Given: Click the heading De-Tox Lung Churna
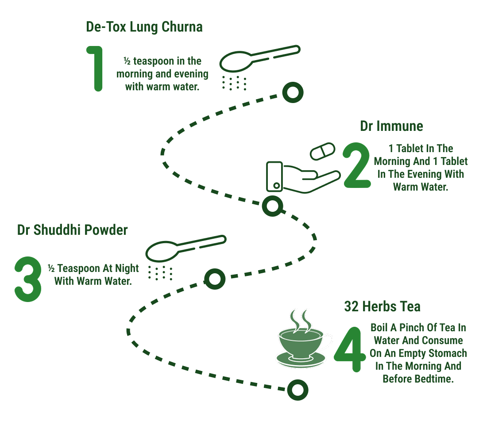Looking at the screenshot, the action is click(144, 27).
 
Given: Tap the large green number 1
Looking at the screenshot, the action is click(96, 69).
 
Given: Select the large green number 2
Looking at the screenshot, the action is click(357, 165).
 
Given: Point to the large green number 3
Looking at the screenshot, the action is click(28, 279).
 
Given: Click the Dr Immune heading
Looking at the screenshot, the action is click(391, 126).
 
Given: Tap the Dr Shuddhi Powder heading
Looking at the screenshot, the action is click(73, 230).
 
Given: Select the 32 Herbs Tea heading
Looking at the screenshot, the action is click(382, 306).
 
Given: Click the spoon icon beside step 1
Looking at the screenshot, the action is click(260, 58).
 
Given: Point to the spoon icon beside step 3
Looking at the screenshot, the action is click(186, 249).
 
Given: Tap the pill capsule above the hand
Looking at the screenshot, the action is click(323, 151).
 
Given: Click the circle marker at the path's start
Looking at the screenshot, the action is click(293, 92).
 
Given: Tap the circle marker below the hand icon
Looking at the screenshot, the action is click(273, 206).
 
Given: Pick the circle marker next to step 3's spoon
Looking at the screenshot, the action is click(215, 279).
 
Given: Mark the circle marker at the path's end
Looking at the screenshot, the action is click(297, 390).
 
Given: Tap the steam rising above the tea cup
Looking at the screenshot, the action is click(301, 321).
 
